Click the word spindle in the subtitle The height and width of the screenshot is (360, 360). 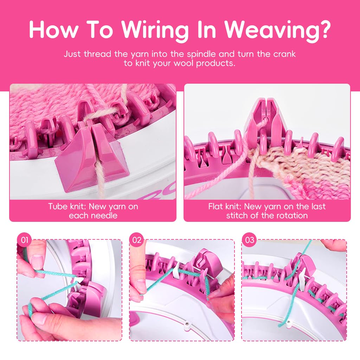tap(201, 54)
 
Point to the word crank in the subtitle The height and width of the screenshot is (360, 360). tap(284, 54)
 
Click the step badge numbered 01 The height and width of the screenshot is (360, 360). tap(24, 240)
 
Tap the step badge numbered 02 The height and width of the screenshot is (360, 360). tap(137, 240)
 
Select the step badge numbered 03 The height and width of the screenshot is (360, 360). tap(249, 240)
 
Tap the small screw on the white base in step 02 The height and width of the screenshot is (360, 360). tap(188, 324)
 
